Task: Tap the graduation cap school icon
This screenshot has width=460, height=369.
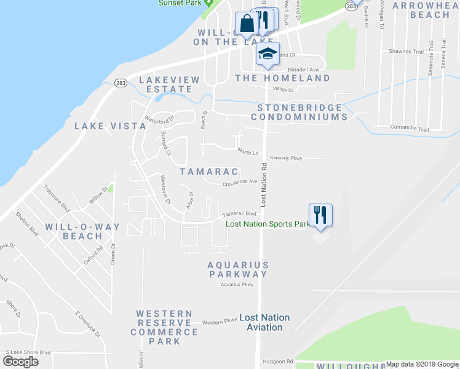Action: point(268,54)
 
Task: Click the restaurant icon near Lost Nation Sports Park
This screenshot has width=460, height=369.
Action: point(320,215)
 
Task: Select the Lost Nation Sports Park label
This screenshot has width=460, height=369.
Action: point(268,224)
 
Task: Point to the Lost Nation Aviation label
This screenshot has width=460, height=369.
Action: point(264,322)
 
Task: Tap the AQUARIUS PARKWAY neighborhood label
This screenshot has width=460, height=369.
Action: point(237,269)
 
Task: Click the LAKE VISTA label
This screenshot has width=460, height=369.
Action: point(110,126)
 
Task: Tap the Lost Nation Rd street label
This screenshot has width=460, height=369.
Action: point(264,184)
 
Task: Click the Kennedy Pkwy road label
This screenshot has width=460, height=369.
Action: point(286,159)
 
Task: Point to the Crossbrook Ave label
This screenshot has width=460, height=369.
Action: point(239,182)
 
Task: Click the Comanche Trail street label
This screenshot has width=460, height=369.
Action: point(409,129)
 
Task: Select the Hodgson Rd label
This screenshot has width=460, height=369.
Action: point(277,362)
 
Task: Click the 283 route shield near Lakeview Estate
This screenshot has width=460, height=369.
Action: point(121,83)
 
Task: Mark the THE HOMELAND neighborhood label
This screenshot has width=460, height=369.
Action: point(282,78)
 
